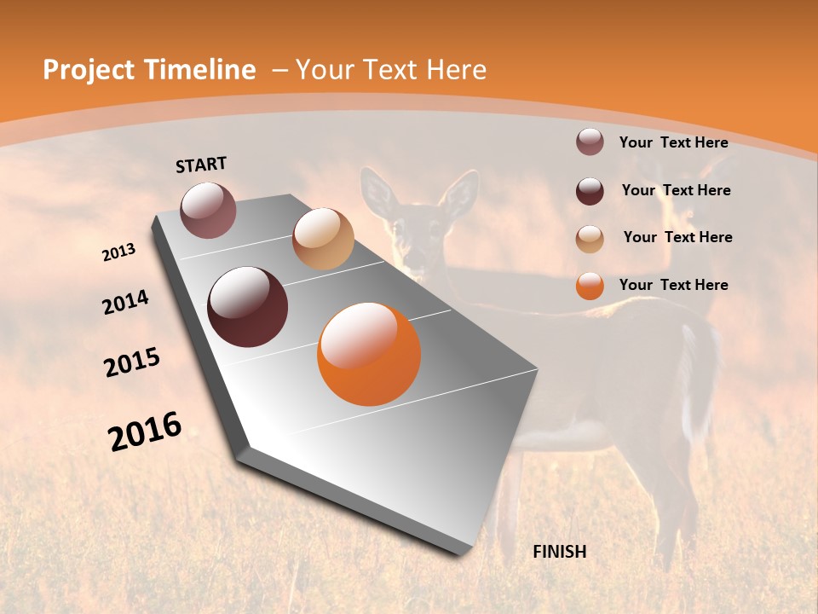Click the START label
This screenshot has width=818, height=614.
pyautogui.click(x=201, y=165)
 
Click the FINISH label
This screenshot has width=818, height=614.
pyautogui.click(x=559, y=552)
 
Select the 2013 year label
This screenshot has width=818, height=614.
pyautogui.click(x=119, y=252)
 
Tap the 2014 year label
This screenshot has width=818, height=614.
pyautogui.click(x=125, y=303)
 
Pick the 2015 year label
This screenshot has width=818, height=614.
pyautogui.click(x=132, y=362)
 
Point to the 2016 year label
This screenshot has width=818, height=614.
pyautogui.click(x=145, y=432)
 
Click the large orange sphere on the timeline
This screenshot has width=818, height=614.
pyautogui.click(x=369, y=354)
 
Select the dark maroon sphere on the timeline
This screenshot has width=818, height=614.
pyautogui.click(x=247, y=307)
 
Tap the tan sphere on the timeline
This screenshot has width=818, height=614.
pyautogui.click(x=323, y=239)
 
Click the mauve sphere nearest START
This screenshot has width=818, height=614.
pyautogui.click(x=208, y=210)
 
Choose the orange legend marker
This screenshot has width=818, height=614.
pyautogui.click(x=590, y=286)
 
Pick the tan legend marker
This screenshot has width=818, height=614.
pyautogui.click(x=590, y=239)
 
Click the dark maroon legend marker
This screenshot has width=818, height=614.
pyautogui.click(x=590, y=191)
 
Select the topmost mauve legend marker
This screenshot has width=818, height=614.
pyautogui.click(x=590, y=142)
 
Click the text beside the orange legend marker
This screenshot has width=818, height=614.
pyautogui.click(x=673, y=285)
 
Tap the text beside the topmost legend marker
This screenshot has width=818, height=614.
pyautogui.click(x=673, y=142)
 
